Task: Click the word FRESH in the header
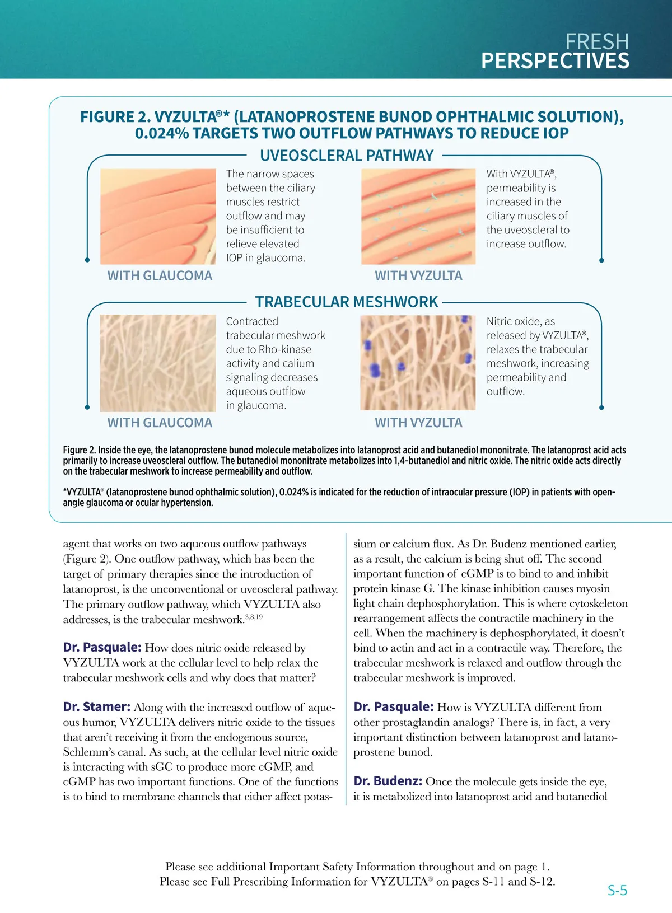pos(597,41)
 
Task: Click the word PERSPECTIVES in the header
pos(555,61)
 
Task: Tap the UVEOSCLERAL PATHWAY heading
pos(347,156)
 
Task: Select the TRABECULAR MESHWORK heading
pos(347,302)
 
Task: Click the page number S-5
pos(617,890)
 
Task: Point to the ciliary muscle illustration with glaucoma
pos(158,217)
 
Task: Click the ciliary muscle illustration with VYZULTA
pos(418,217)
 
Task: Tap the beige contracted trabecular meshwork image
pos(158,363)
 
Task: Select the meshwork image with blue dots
pos(418,363)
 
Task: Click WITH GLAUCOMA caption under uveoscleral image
pos(160,276)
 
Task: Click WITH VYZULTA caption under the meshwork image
pos(418,423)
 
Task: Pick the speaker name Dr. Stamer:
pos(97,707)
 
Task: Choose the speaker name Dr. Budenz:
pos(388,781)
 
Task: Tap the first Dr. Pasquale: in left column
pos(102,648)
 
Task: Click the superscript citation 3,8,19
pos(254,617)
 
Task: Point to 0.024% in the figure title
pos(161,134)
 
